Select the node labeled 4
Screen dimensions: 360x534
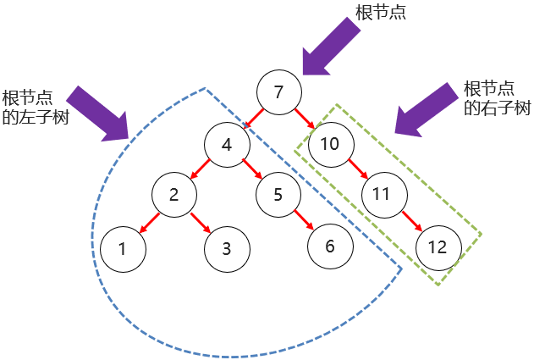click(x=226, y=144)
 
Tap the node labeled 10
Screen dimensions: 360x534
click(x=330, y=144)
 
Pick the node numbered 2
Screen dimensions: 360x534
click(x=173, y=195)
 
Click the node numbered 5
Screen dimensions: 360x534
click(x=278, y=195)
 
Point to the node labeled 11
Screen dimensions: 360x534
click(x=382, y=195)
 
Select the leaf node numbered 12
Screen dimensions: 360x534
click(x=438, y=247)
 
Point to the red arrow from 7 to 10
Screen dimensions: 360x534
click(x=305, y=119)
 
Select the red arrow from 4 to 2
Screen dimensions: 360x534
click(x=200, y=169)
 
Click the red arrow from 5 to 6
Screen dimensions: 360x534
click(x=305, y=220)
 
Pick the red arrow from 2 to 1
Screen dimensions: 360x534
click(x=147, y=222)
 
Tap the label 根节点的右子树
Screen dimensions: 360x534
click(x=497, y=98)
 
